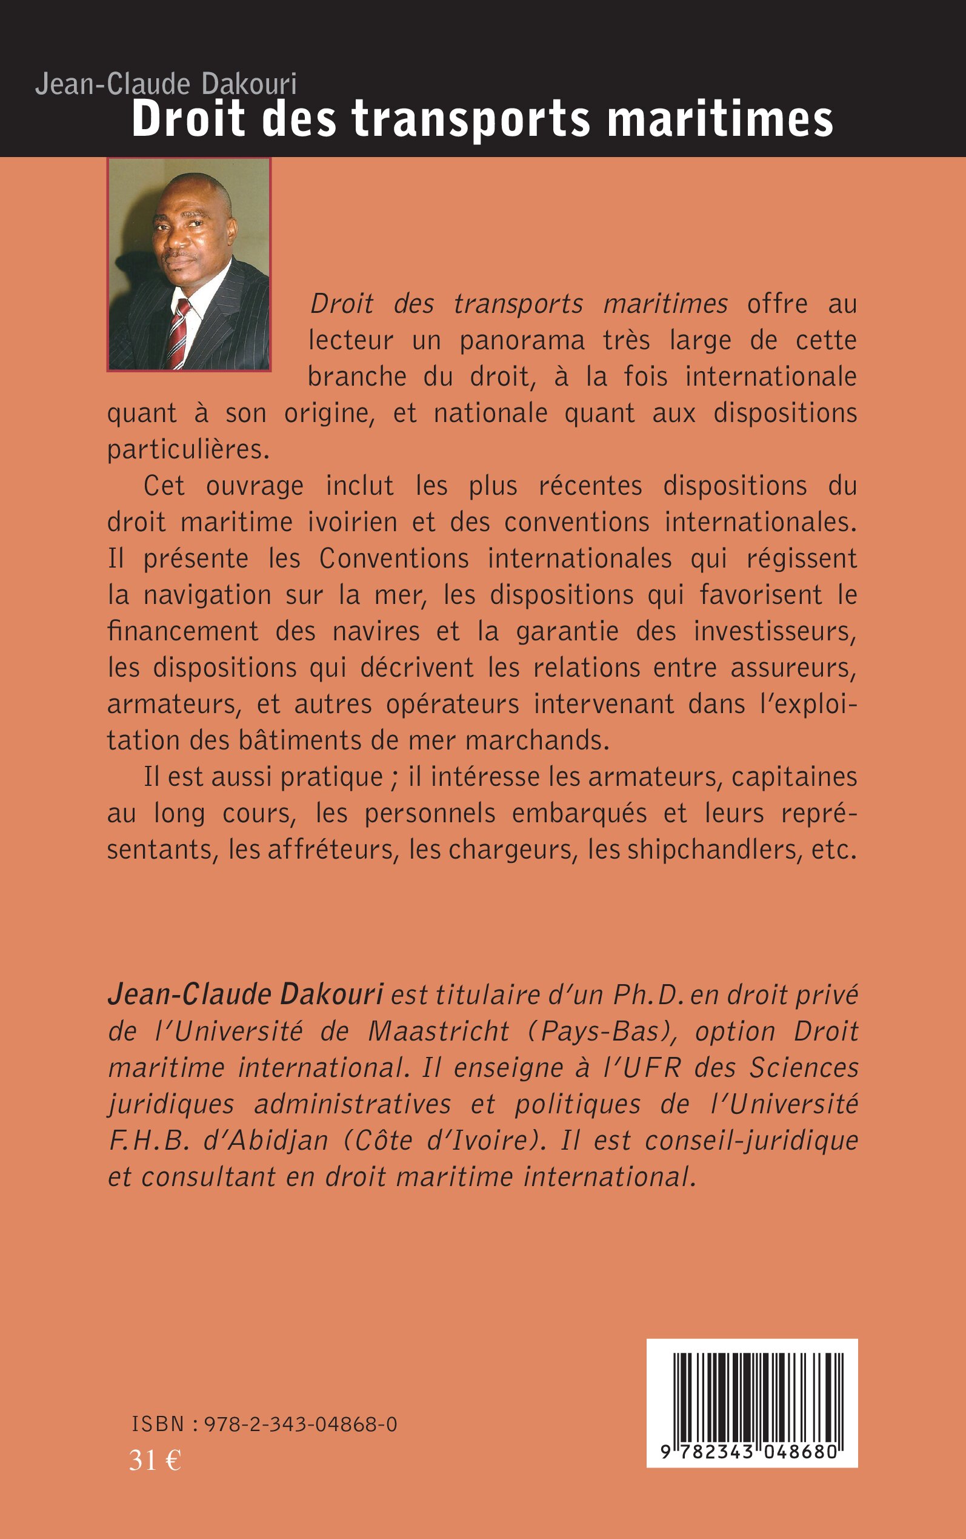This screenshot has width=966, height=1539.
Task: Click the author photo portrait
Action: tap(189, 264)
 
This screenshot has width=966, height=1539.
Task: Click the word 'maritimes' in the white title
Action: tap(720, 119)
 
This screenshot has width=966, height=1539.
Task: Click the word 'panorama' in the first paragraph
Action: tap(522, 341)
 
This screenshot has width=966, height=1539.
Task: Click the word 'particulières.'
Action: tap(188, 450)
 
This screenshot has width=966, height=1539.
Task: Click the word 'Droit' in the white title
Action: tap(188, 119)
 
